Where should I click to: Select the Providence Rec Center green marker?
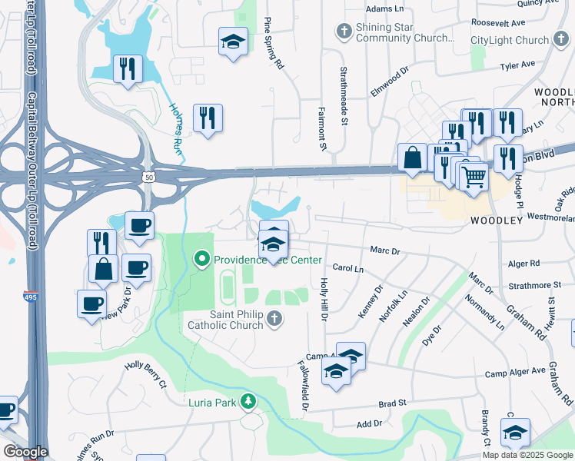(x=202, y=260)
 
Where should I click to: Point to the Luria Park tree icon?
(x=248, y=401)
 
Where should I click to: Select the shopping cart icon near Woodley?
(x=475, y=176)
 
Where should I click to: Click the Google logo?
(x=25, y=452)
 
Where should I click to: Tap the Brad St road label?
(x=392, y=403)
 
